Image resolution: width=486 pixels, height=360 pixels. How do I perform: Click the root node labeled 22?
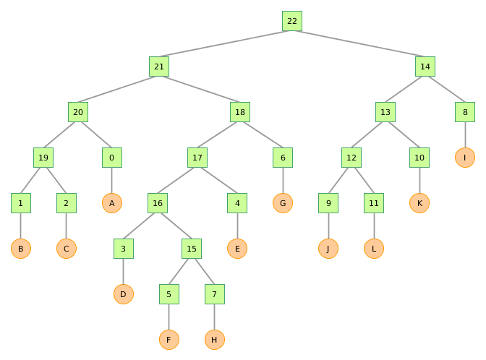click(x=292, y=21)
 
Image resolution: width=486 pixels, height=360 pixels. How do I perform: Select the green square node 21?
click(x=160, y=67)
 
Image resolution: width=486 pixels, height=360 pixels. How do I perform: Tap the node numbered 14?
click(x=425, y=67)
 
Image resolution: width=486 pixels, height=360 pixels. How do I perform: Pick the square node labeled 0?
click(x=111, y=158)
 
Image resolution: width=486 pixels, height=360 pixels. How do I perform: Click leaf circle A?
click(x=111, y=203)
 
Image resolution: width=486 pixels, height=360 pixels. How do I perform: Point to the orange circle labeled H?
click(x=214, y=340)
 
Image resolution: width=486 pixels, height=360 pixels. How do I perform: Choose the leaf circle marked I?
click(x=465, y=158)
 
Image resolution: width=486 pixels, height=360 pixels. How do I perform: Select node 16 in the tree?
click(x=158, y=203)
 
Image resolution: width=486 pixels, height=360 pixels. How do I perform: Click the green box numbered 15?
click(x=192, y=249)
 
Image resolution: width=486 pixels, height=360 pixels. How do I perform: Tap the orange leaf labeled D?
click(x=124, y=294)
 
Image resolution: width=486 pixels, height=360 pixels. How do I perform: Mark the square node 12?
click(x=351, y=158)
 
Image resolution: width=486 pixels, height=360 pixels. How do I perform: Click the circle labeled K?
click(x=419, y=203)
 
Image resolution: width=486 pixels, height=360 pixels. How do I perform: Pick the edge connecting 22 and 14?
click(x=359, y=43)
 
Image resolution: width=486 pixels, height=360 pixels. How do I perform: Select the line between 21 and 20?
click(x=119, y=89)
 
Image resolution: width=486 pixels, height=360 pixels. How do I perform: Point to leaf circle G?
click(x=283, y=203)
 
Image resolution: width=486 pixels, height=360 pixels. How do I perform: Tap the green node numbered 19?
click(x=43, y=158)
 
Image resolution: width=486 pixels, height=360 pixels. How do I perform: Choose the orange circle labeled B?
click(x=21, y=249)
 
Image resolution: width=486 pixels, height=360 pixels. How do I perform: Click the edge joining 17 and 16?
click(x=178, y=180)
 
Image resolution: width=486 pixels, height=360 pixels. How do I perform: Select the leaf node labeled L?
click(x=374, y=249)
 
